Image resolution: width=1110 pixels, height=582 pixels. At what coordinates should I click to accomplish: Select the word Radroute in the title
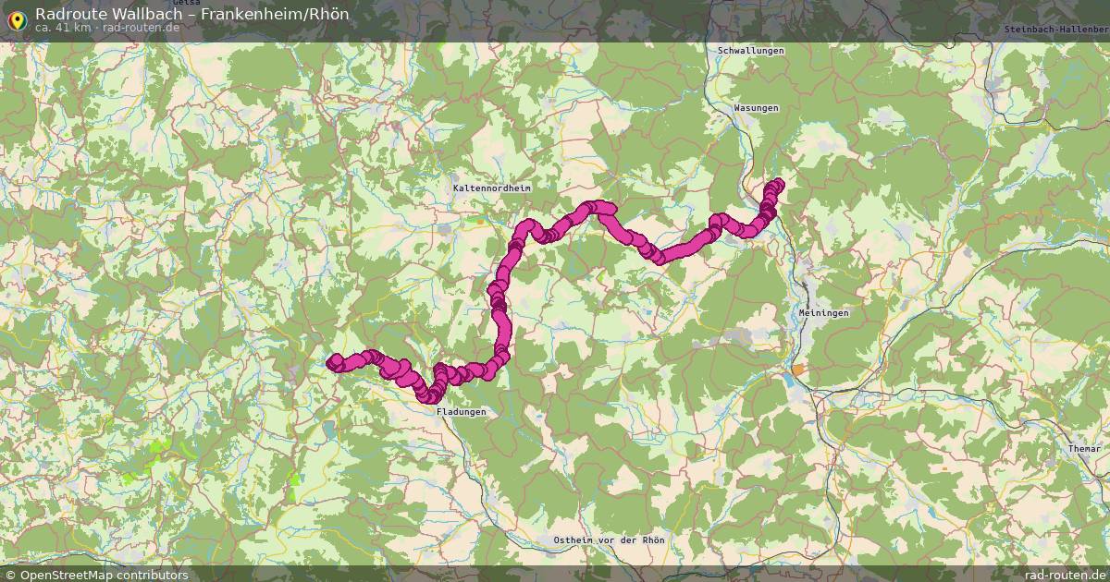click(x=65, y=13)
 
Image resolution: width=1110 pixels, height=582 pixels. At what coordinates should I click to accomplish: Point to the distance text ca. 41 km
click(x=64, y=28)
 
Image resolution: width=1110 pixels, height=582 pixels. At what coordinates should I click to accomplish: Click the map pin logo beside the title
click(x=17, y=18)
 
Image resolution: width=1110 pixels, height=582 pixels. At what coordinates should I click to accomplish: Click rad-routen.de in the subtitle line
click(x=141, y=28)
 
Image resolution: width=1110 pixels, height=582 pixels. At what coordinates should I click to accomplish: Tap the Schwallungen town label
click(x=750, y=50)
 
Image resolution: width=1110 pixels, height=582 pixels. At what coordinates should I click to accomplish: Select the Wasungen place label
click(x=756, y=108)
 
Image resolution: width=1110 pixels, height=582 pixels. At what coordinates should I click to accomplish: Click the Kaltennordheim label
click(x=492, y=188)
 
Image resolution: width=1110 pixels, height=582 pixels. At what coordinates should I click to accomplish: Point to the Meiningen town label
click(x=823, y=313)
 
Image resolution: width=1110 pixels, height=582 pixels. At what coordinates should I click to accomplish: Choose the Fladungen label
click(x=461, y=412)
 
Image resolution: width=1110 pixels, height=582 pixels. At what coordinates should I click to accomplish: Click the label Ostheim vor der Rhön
click(x=608, y=540)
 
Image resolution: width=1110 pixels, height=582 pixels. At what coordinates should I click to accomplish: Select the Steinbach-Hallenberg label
click(x=1055, y=30)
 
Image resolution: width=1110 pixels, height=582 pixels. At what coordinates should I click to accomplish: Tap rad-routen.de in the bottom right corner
click(x=1059, y=575)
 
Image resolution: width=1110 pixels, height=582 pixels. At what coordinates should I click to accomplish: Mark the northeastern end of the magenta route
click(x=778, y=184)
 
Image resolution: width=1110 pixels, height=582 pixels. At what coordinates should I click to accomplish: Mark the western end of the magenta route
click(x=333, y=362)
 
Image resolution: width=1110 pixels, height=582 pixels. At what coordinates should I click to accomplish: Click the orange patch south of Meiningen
click(x=797, y=370)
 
